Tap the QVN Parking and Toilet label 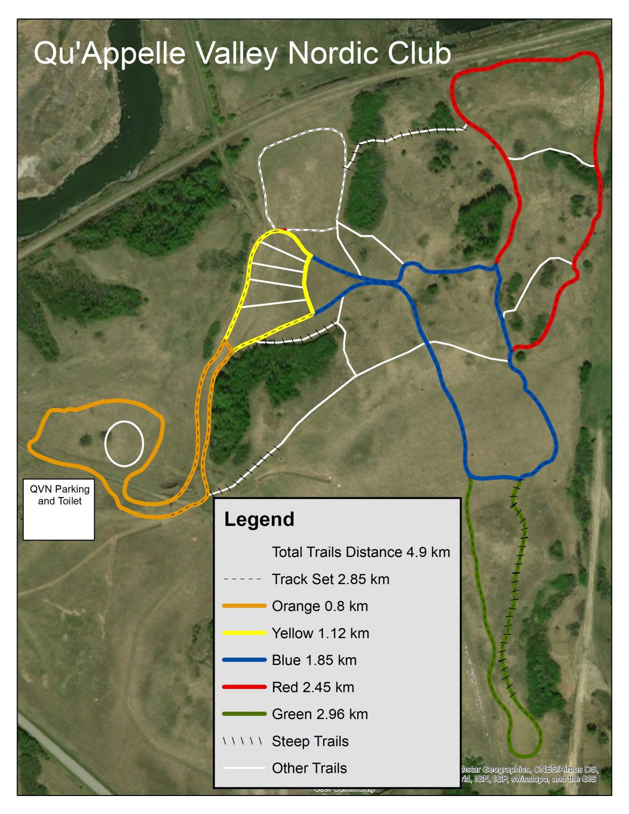point(59,495)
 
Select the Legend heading point(259,519)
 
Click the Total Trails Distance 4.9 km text point(361,552)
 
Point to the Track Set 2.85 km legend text point(331,579)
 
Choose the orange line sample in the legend point(244,606)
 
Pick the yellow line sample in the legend point(244,633)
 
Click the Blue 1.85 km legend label point(314,660)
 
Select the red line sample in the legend point(244,687)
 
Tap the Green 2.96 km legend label point(320,714)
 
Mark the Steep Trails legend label point(310,741)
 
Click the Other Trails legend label point(309,768)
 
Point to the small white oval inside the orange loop point(124,444)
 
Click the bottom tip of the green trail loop point(524,755)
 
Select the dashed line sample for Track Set point(243,579)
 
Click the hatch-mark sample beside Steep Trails point(243,741)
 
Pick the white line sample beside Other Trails point(244,768)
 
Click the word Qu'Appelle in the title point(110,54)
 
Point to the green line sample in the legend point(244,714)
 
